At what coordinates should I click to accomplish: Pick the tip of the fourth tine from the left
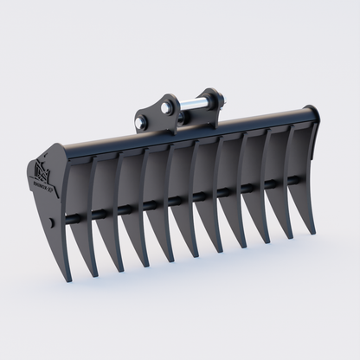[183, 261]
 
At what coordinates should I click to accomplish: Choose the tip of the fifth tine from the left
[205, 256]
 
